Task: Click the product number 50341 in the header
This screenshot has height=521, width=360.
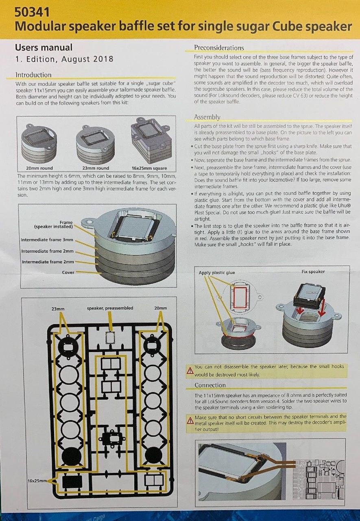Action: click(32, 12)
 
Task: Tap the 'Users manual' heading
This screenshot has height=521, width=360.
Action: click(44, 48)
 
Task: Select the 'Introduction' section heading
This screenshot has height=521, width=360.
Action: click(33, 75)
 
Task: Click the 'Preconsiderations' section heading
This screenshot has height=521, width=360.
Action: click(219, 48)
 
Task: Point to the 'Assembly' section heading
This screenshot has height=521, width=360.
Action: click(207, 117)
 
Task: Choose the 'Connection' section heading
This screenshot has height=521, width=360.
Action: click(210, 385)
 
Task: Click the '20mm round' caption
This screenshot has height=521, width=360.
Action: click(39, 168)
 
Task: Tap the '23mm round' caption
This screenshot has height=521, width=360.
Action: click(96, 168)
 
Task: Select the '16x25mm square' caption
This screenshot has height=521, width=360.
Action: click(149, 168)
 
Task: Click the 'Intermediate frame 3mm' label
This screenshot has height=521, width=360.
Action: click(47, 240)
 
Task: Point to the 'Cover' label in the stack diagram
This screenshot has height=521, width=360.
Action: click(68, 272)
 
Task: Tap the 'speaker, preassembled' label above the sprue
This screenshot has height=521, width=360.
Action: click(110, 308)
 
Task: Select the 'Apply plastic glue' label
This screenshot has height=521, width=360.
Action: click(216, 273)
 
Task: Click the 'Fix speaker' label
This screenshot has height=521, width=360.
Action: click(313, 271)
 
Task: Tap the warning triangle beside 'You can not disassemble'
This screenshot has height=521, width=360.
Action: click(190, 370)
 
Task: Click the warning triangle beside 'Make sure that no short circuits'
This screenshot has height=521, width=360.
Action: click(190, 420)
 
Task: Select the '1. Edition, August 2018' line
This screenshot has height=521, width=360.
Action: click(64, 59)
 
